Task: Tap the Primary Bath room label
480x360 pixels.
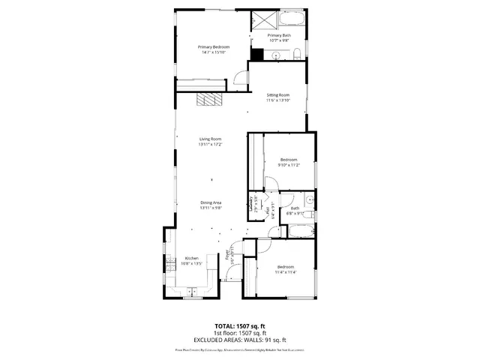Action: point(279,35)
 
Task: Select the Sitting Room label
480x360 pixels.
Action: point(277,94)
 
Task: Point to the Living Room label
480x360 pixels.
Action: point(210,139)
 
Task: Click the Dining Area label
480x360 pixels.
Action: point(210,202)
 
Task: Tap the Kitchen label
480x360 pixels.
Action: point(191,258)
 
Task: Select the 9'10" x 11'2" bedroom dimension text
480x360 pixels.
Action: point(289,164)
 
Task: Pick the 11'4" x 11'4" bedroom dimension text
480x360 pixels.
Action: point(286,272)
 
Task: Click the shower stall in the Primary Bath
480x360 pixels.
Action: point(264,20)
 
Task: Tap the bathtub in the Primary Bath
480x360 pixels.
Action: point(292,17)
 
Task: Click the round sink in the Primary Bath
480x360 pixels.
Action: point(275,55)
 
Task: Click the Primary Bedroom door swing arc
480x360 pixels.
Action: point(238,76)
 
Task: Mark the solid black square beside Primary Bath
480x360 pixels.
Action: point(257,54)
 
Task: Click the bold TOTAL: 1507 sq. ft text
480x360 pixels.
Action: point(240,325)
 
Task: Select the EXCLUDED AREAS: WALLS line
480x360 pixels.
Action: point(240,340)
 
